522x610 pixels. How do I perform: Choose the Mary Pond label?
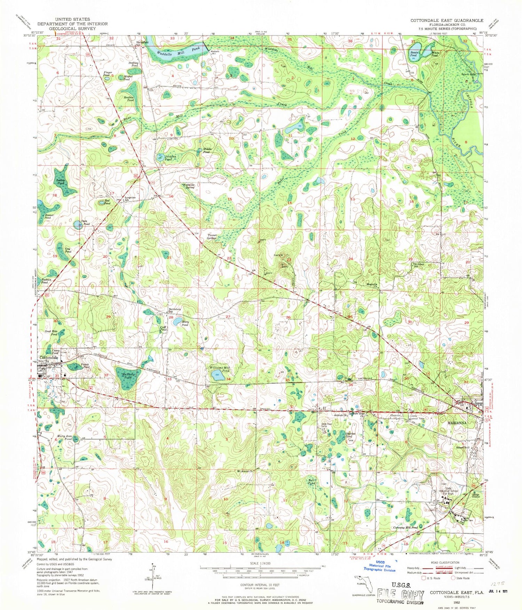click(185, 324)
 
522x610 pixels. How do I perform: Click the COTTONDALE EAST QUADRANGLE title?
click(446, 21)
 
